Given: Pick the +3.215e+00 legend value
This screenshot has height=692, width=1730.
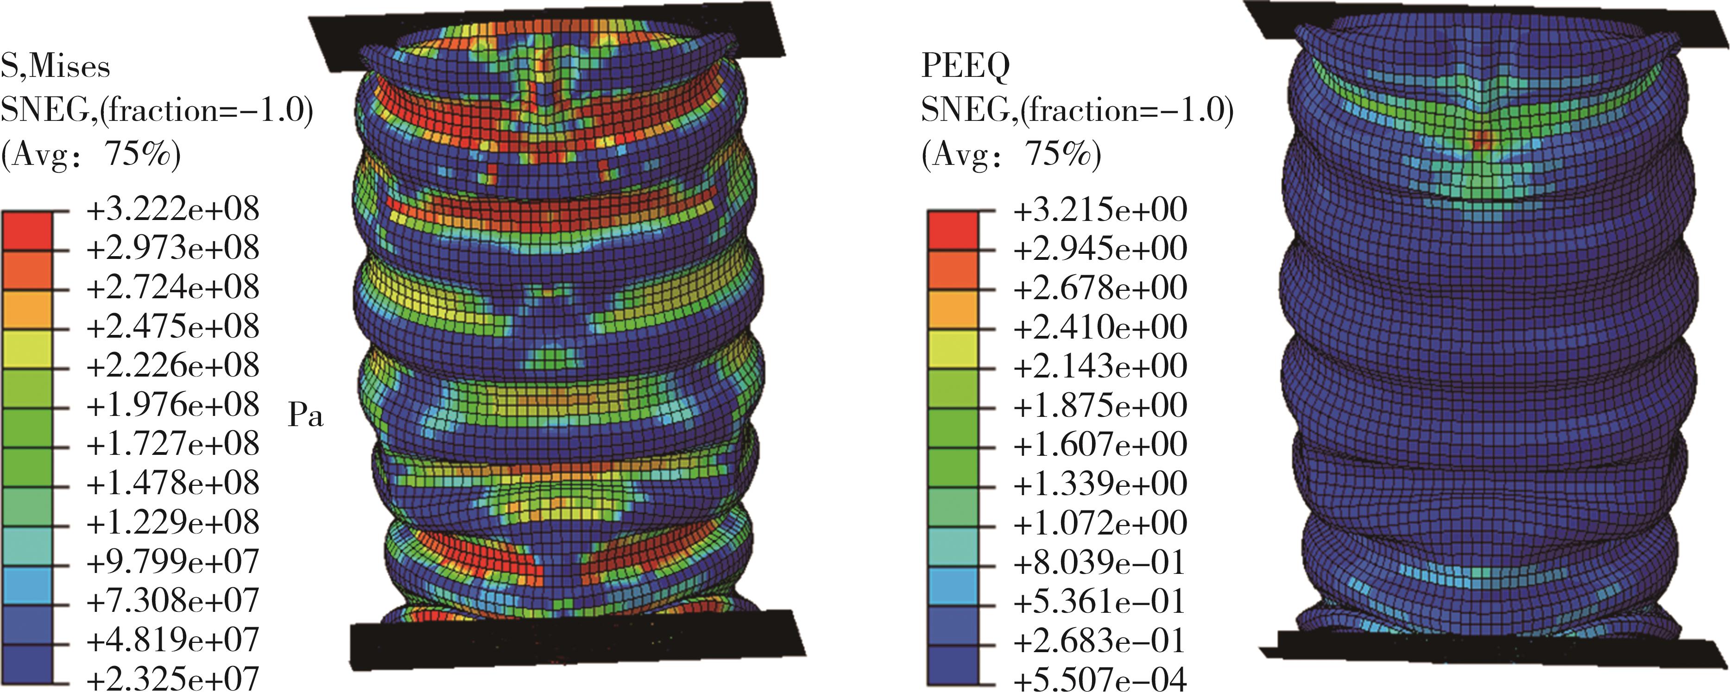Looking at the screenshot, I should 1100,209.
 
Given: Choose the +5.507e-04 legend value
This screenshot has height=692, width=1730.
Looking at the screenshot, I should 1100,679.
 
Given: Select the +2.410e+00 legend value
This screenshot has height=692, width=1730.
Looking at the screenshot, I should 1100,327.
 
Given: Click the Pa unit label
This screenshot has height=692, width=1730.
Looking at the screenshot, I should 306,416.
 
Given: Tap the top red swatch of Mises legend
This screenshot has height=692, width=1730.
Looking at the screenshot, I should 27,231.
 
